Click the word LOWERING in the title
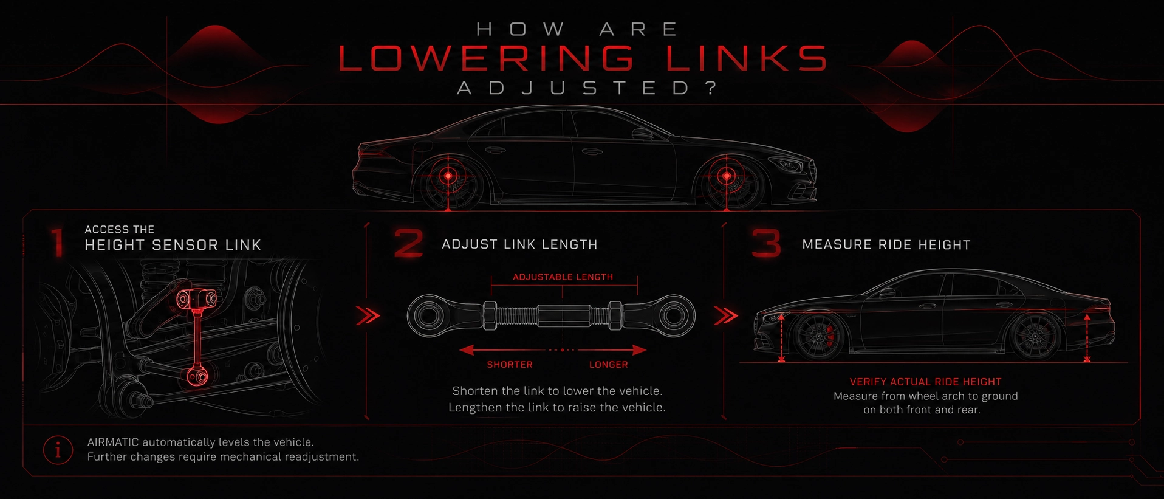486,58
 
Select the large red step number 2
408,243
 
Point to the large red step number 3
766,243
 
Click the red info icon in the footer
58,450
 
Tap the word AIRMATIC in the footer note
113,442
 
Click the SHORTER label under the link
510,365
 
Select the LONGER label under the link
609,365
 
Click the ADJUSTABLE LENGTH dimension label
563,277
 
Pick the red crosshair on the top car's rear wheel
448,176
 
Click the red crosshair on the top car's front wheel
727,176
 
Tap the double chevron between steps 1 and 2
368,316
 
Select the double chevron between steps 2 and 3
726,316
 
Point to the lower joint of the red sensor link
197,376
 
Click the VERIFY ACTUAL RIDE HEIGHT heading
925,382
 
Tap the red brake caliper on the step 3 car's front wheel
831,336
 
